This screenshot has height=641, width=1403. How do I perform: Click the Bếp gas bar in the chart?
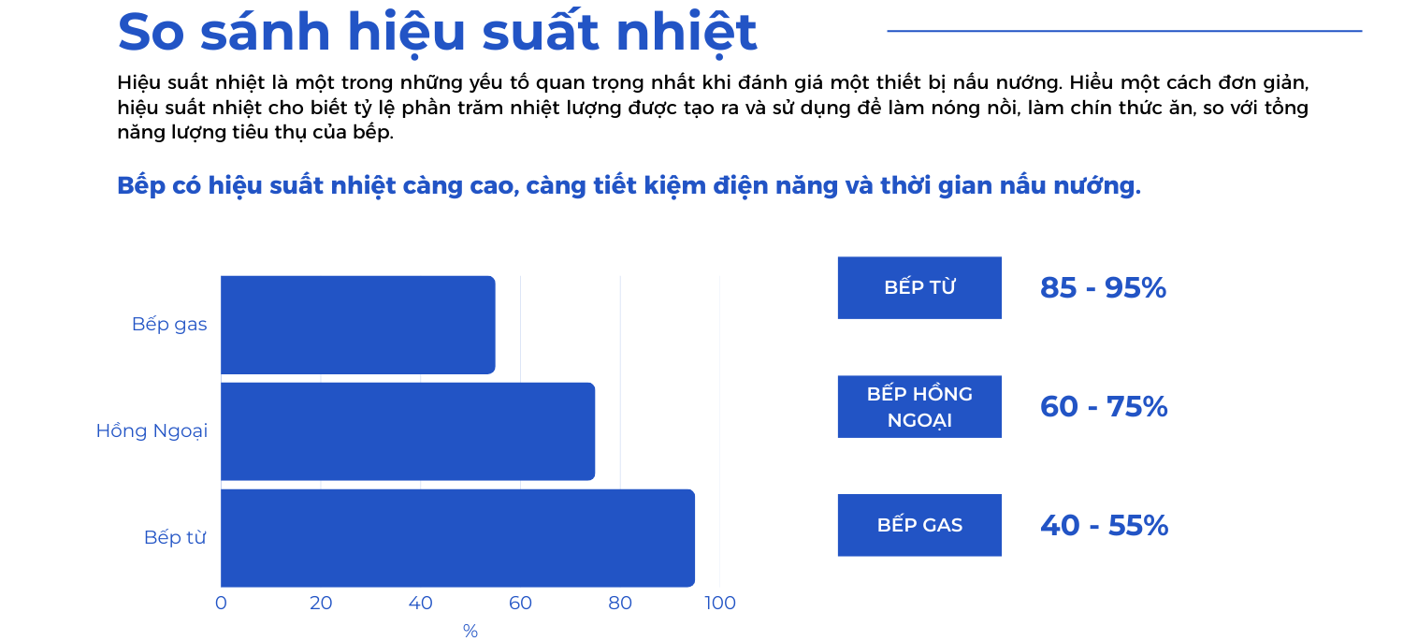[x=357, y=325]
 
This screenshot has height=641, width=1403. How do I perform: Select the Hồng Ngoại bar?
[x=407, y=431]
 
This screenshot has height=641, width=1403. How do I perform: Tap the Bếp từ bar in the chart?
[x=457, y=538]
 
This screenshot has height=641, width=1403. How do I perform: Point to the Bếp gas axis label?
[x=169, y=325]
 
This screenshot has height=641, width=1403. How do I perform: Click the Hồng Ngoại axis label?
[x=152, y=431]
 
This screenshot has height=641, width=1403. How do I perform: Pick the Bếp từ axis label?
[x=175, y=538]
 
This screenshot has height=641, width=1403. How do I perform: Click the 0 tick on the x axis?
[x=221, y=604]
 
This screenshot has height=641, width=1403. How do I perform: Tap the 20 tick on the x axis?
[x=321, y=604]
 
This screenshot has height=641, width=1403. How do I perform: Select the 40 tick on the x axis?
[x=421, y=604]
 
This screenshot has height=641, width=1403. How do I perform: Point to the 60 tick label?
[x=520, y=604]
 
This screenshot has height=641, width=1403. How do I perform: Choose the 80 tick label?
[x=620, y=604]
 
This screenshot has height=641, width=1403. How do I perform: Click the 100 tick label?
[x=720, y=604]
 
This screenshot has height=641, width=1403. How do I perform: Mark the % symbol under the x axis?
[x=470, y=632]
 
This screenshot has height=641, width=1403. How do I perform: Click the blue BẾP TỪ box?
[x=919, y=287]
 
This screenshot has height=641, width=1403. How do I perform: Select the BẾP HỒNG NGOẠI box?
[x=919, y=407]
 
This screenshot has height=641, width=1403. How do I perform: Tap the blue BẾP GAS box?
[x=919, y=525]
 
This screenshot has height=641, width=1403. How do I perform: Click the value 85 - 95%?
[x=1103, y=288]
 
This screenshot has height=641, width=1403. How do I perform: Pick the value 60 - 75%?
[x=1104, y=407]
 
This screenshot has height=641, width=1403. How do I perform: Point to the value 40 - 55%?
[x=1104, y=526]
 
